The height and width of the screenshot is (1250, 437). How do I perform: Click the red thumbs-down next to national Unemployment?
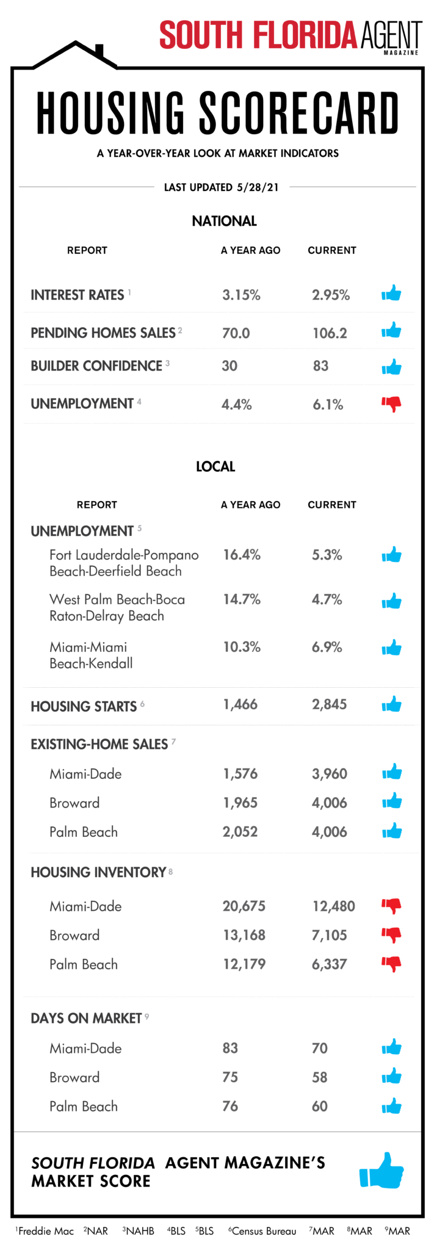coord(391,404)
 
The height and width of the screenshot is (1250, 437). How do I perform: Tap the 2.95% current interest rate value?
coord(331,295)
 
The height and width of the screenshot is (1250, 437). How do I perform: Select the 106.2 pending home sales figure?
coord(330,333)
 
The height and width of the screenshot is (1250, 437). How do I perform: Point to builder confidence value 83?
coord(320,366)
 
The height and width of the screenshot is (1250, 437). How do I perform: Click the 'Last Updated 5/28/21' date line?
coord(221,187)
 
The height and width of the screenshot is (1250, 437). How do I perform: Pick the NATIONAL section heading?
coord(224,221)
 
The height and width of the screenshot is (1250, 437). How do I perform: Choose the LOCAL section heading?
coord(215,467)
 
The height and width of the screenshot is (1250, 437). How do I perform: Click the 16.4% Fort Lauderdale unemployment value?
coord(242,555)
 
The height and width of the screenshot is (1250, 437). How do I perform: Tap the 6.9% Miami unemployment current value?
coord(327,648)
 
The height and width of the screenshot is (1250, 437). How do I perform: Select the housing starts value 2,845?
coord(330,704)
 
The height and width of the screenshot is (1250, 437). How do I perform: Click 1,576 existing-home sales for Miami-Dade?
coord(240,774)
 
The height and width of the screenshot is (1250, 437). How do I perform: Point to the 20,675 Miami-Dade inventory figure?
coord(244,906)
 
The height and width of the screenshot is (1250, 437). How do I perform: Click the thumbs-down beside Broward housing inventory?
coord(391,935)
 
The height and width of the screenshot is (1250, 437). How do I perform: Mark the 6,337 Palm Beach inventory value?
coord(330,964)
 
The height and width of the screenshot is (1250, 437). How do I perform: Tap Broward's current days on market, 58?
coord(320,1077)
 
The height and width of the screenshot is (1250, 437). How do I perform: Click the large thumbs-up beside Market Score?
coord(381,1169)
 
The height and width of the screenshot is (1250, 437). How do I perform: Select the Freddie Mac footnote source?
coord(45,1231)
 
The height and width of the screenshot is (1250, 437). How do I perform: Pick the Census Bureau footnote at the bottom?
coord(262,1231)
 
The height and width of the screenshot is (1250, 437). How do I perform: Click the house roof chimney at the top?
coord(99,50)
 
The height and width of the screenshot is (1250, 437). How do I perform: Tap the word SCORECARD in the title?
coord(299,114)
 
